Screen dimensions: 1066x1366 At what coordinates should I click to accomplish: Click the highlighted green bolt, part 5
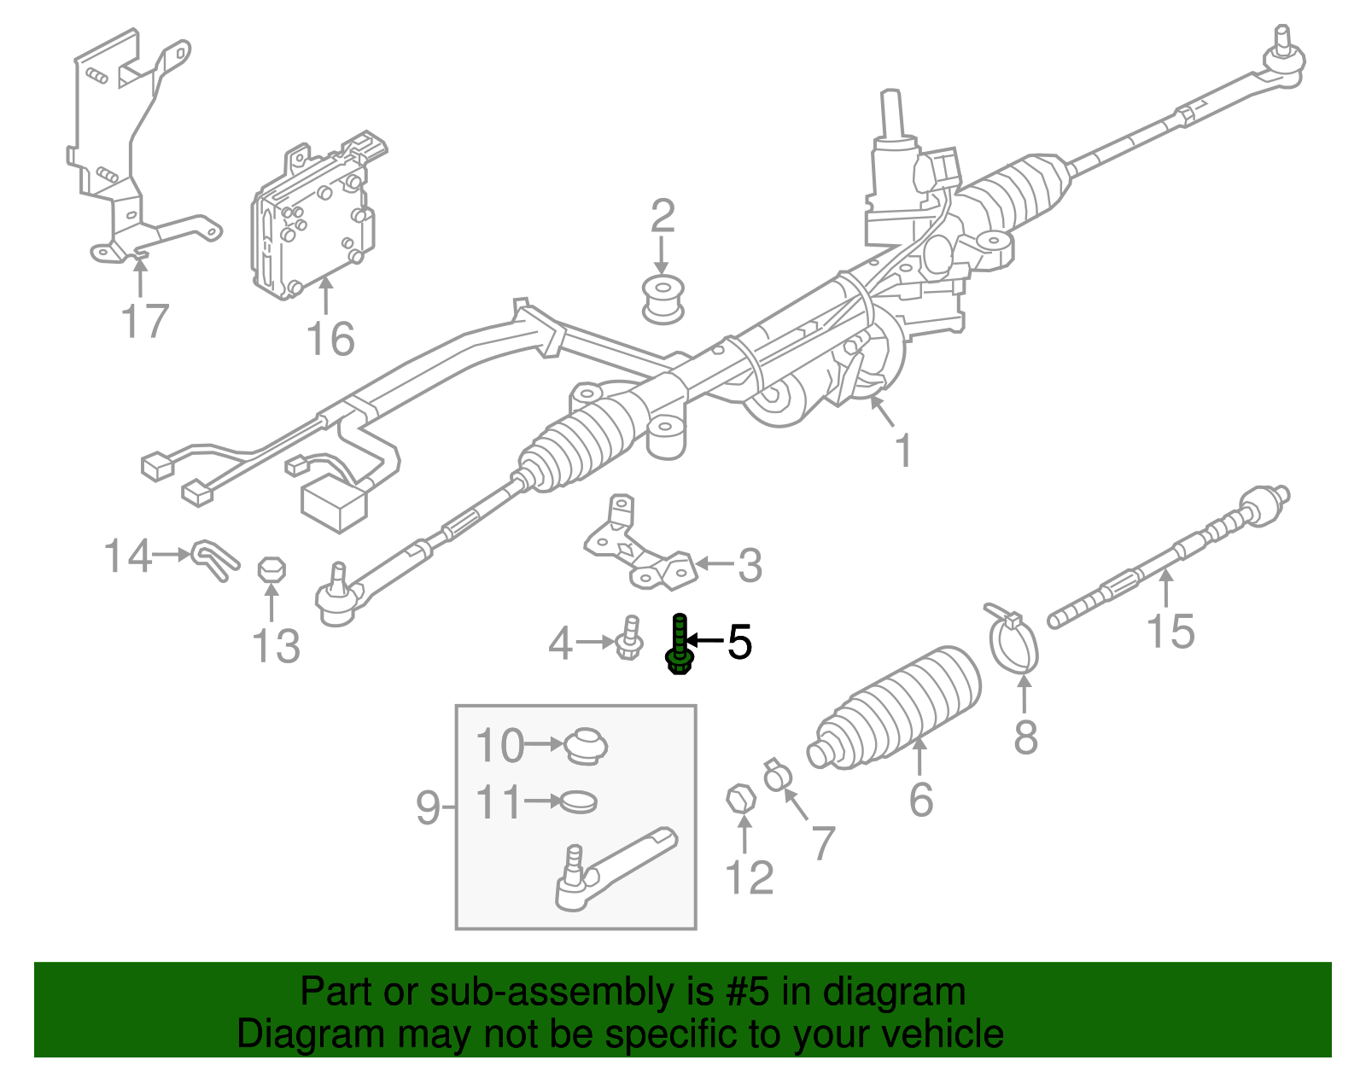tap(679, 646)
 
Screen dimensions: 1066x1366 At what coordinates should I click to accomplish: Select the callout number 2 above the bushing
tap(663, 217)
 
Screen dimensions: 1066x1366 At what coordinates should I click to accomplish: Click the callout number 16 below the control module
tap(330, 339)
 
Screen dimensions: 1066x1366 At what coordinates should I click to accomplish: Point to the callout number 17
tap(145, 322)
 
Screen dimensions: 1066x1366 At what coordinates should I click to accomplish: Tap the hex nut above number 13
tap(271, 570)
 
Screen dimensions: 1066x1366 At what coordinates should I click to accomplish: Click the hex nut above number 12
tap(741, 800)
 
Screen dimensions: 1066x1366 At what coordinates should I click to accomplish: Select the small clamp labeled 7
tap(778, 776)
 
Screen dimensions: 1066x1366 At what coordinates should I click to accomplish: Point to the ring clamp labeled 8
tap(1013, 640)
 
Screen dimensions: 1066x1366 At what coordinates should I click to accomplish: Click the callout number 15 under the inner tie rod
tap(1170, 632)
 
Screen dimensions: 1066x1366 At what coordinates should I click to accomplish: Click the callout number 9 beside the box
tap(429, 807)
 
